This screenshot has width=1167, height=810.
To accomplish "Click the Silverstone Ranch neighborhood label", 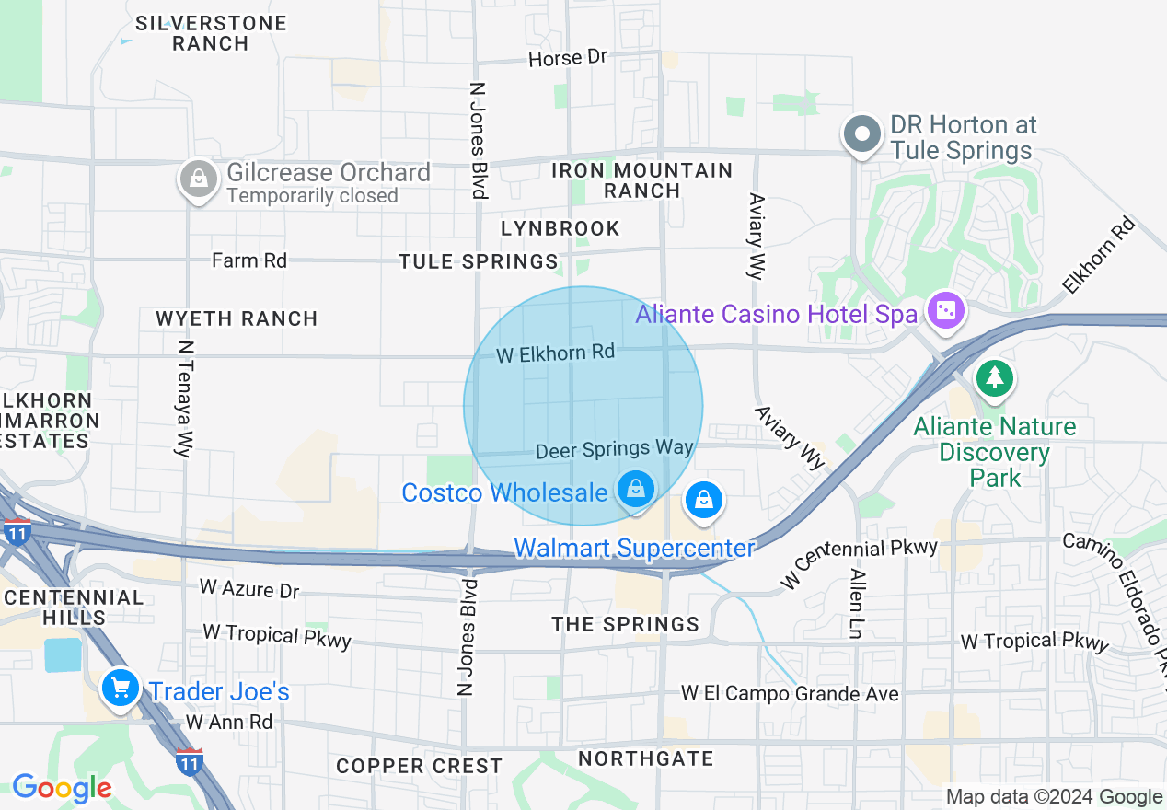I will pos(211,32).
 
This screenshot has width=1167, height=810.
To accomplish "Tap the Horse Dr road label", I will pos(568,58).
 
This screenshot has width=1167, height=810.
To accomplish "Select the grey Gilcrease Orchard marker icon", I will pos(198,179).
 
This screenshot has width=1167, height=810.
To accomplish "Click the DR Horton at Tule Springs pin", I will pos(862,134).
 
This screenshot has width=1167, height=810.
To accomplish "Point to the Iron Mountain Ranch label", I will pos(641,180).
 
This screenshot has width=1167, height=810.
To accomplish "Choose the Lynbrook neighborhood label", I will pos(560,228).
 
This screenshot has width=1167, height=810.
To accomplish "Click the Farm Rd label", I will pos(249,260).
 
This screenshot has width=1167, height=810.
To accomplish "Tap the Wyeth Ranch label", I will pos(237,318).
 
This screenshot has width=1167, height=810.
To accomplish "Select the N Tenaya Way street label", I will pos(186,399).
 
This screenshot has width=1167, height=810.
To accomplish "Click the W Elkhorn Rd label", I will pos(555,353).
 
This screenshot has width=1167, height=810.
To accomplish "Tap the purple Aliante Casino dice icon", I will pos(945,311).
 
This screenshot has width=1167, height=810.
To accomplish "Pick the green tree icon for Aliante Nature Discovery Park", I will pos(993,377).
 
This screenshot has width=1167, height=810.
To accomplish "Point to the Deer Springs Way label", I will pos(614,448).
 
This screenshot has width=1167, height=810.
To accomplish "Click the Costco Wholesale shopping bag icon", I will pos(635,489).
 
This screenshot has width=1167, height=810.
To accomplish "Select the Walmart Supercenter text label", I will pos(634,549).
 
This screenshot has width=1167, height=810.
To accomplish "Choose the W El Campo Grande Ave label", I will pos(790,693).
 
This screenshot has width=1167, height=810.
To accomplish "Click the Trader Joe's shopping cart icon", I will pos(120,688).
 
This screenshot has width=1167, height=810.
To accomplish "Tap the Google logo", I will pos(62,789).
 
